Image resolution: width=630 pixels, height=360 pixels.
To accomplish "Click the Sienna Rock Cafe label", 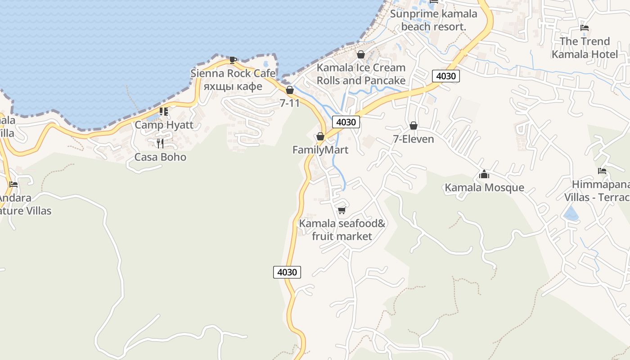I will (x=233, y=73).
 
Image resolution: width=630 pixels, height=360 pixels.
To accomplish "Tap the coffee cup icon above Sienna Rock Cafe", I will (x=233, y=60).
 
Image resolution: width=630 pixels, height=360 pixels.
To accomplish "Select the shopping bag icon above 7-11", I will (x=290, y=90).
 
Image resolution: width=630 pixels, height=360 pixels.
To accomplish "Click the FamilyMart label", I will (x=320, y=150).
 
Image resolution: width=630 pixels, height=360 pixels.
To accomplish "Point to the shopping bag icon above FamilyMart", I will (x=320, y=136).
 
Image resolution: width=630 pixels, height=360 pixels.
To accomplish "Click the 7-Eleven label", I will (x=413, y=139).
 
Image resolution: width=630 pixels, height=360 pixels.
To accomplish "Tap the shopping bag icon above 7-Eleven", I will (x=414, y=126).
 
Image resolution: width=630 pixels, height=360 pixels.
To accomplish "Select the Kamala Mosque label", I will (x=484, y=188).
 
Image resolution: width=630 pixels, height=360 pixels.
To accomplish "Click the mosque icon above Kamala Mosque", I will (x=484, y=174).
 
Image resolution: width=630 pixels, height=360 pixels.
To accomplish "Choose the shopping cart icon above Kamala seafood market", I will (x=342, y=210).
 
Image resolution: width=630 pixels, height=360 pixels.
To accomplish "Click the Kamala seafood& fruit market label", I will (x=342, y=229).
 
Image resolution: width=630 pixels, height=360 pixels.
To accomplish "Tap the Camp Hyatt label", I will (x=164, y=125).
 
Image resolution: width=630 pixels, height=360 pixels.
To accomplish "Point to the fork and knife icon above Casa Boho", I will (x=160, y=144).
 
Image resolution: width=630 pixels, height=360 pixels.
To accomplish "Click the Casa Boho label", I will (x=160, y=157).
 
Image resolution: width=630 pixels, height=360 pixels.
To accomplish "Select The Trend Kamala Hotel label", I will (x=585, y=48).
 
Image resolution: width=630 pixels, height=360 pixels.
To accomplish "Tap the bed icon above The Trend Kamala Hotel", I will (x=585, y=28).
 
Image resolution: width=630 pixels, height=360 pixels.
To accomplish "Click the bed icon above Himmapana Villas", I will (x=602, y=171).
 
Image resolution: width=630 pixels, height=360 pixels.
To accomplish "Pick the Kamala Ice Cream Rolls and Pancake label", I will (x=361, y=74).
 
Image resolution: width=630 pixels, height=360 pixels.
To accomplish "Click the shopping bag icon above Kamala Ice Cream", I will (x=361, y=54).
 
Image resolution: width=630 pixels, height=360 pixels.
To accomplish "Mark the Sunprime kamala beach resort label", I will (x=433, y=20).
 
